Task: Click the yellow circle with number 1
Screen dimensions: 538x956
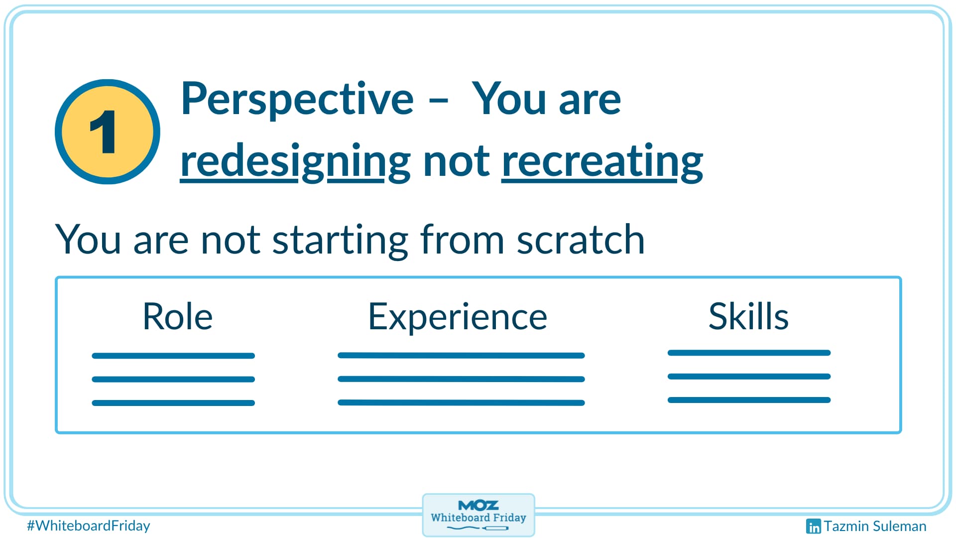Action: click(108, 132)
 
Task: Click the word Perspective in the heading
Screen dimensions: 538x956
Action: click(297, 99)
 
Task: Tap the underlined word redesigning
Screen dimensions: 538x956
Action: click(295, 161)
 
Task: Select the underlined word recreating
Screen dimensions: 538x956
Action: click(602, 161)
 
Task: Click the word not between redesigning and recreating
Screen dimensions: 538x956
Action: click(456, 161)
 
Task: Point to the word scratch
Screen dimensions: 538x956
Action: click(581, 240)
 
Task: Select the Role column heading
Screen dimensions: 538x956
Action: click(177, 316)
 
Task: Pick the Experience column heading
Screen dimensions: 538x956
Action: click(457, 317)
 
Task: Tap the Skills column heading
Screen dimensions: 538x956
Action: click(748, 316)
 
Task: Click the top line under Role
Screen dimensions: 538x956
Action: click(173, 356)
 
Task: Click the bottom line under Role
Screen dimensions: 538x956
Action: click(173, 403)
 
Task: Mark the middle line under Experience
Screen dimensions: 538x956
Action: click(461, 379)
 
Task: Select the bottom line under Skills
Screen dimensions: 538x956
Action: click(749, 400)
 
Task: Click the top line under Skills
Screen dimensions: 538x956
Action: click(749, 353)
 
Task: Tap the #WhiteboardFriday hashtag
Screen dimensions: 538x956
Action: click(88, 526)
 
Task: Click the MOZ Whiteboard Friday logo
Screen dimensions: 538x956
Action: click(478, 515)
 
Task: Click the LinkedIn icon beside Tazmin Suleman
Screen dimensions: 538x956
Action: click(813, 526)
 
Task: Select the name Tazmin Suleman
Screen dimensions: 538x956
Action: click(875, 526)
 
